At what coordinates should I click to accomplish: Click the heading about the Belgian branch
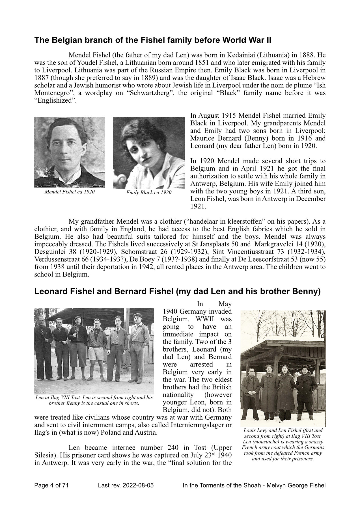[x=153, y=40]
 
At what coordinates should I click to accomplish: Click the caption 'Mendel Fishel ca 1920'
[x=70, y=192]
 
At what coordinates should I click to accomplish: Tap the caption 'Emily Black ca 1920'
[x=149, y=193]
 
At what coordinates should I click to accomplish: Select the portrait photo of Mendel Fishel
[x=70, y=152]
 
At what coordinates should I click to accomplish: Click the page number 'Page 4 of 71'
[x=52, y=486]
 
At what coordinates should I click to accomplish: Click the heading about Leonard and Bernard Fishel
[x=177, y=292]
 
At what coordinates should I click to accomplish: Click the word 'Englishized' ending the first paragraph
[x=55, y=101]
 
